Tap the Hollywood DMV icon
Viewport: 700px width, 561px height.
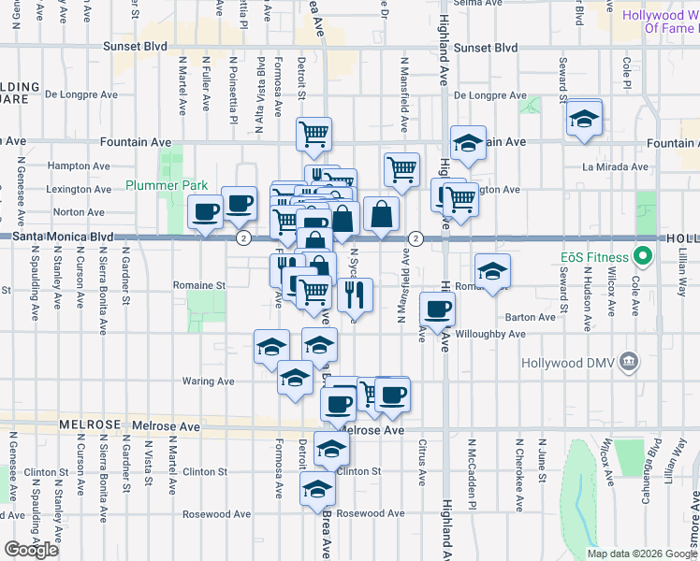pyautogui.click(x=629, y=361)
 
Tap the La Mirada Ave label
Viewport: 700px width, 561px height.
pyautogui.click(x=615, y=166)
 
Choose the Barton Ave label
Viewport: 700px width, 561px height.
pyautogui.click(x=533, y=317)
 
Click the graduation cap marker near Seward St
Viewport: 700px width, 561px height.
pyautogui.click(x=584, y=120)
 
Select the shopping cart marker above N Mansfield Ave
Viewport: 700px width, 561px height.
pyautogui.click(x=401, y=169)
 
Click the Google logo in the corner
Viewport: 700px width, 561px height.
pyautogui.click(x=31, y=550)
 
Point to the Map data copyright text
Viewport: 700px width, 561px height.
pyautogui.click(x=641, y=554)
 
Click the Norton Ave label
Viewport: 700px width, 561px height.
pyautogui.click(x=80, y=212)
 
